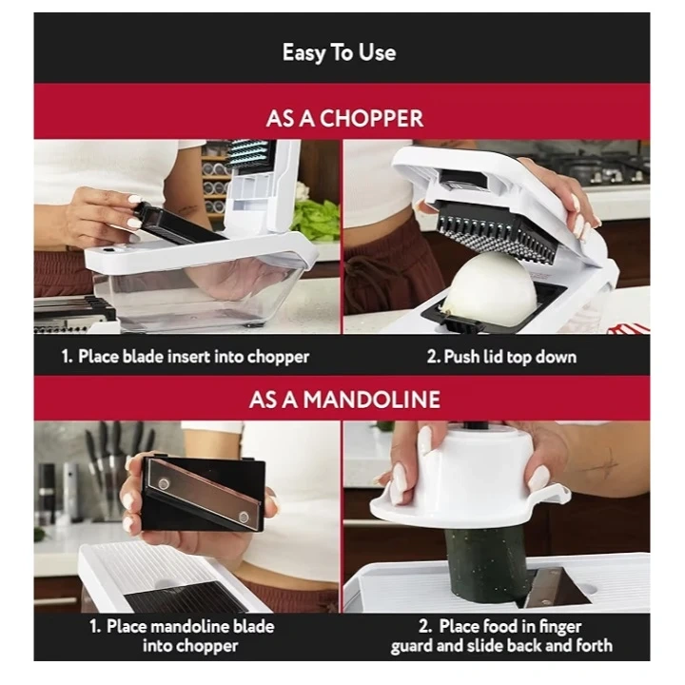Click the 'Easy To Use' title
(x=339, y=53)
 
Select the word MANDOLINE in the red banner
(x=372, y=400)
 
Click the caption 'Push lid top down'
(x=510, y=357)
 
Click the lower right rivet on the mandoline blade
(x=244, y=518)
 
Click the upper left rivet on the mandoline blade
(x=164, y=483)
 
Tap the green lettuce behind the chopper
(x=317, y=220)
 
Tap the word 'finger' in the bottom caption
(x=559, y=627)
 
